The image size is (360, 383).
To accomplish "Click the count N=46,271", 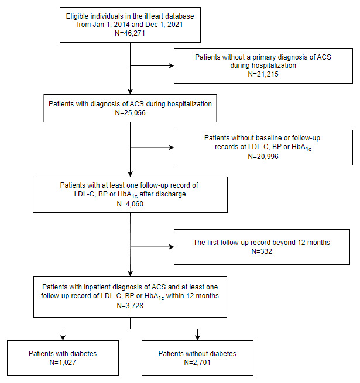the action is [x=130, y=33].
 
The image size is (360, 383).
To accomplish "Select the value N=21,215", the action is [x=263, y=74].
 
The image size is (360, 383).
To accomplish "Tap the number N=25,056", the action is [x=130, y=113].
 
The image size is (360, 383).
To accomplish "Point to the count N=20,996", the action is [x=263, y=156].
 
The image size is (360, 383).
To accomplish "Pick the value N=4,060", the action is [x=130, y=203].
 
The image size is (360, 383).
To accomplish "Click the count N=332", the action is [x=262, y=251].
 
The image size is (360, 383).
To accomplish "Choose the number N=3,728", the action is [x=130, y=306].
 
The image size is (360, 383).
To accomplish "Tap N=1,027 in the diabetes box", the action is [x=63, y=362].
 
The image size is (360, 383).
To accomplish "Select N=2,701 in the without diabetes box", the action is [x=197, y=362].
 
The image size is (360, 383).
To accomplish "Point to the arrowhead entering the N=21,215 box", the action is [x=172, y=65].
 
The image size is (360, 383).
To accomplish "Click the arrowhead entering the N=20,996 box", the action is [x=172, y=147].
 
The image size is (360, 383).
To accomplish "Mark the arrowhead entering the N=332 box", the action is [x=172, y=247].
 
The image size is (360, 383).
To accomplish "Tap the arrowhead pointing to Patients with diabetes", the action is [x=63, y=338].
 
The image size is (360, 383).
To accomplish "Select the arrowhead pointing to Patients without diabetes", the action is [x=197, y=338].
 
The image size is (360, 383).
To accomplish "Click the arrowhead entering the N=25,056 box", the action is [x=130, y=92].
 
